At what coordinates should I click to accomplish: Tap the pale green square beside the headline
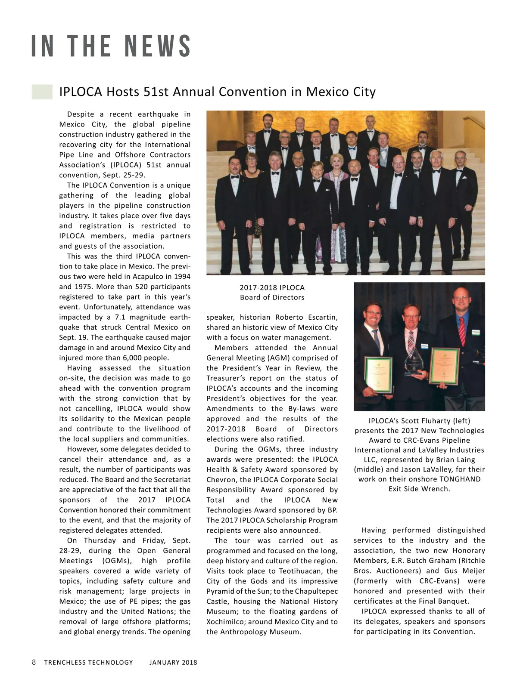tap(42, 92)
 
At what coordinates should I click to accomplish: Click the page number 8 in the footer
tap(34, 662)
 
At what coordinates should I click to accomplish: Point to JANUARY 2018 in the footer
tap(173, 663)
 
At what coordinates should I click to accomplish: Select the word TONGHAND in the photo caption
tap(460, 479)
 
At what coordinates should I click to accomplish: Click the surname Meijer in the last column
tap(473, 571)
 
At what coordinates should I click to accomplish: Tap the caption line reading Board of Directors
tap(272, 297)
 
